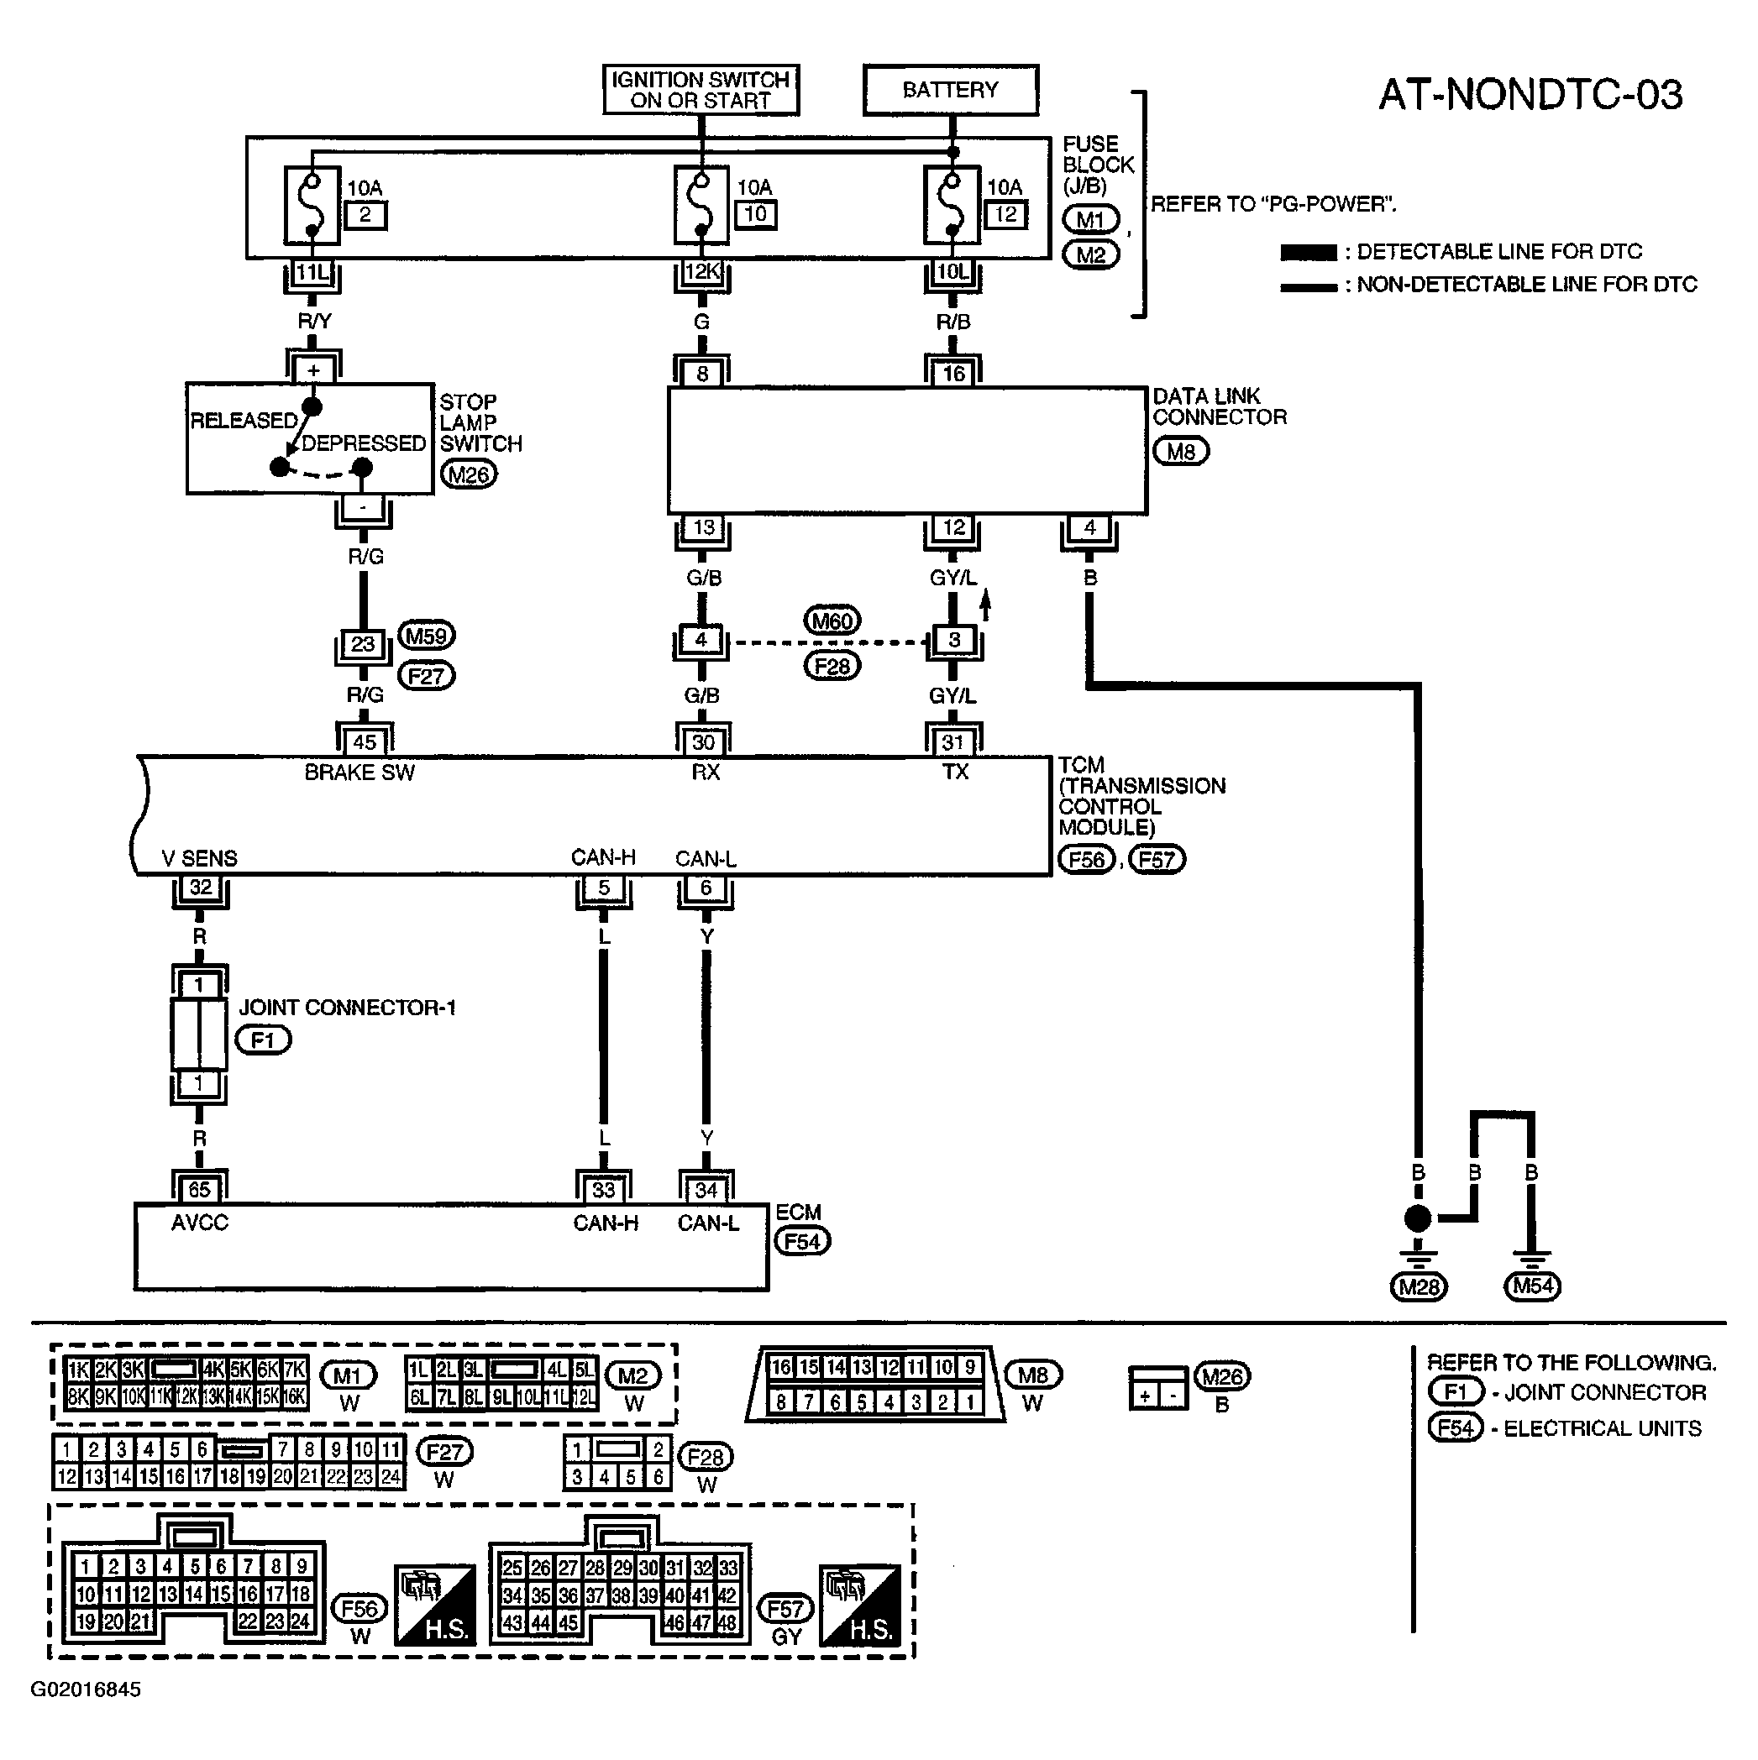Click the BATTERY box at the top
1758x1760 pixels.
click(951, 89)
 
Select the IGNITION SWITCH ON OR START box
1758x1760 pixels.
click(701, 89)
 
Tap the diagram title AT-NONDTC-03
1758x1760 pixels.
click(1531, 95)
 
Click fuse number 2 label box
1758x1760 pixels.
click(365, 215)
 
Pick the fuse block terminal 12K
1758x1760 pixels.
click(701, 271)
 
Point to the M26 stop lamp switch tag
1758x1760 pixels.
click(469, 474)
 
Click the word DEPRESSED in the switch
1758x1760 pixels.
click(363, 443)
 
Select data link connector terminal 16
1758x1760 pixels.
click(953, 374)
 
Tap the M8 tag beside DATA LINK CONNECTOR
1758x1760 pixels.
click(1181, 451)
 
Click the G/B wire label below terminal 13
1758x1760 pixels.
click(704, 578)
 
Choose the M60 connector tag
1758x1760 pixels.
click(832, 621)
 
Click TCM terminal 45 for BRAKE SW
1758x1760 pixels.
click(365, 741)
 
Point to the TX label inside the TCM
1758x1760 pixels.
click(955, 773)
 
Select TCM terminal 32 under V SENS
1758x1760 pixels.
click(201, 888)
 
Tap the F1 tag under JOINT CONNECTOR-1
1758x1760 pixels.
click(264, 1040)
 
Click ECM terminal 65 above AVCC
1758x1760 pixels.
click(200, 1190)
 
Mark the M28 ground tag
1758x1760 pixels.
click(1419, 1287)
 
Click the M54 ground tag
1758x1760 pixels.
click(1533, 1286)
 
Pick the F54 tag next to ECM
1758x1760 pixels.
click(802, 1242)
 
